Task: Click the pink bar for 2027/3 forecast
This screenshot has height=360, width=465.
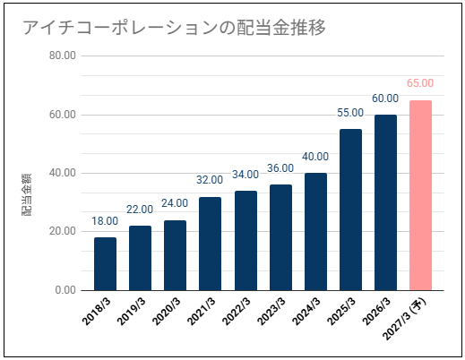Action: pos(420,195)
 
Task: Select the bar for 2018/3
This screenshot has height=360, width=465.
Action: pos(105,264)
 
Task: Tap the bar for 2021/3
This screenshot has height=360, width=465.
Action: pos(210,244)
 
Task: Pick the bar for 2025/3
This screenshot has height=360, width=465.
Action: pos(350,210)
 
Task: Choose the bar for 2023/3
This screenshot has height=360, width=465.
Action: pos(280,237)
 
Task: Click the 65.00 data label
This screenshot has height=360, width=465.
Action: pos(420,83)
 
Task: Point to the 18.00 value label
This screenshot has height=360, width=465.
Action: pos(105,221)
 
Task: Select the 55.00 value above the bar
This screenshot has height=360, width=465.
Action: pos(350,113)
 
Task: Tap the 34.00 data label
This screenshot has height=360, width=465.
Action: pos(245,175)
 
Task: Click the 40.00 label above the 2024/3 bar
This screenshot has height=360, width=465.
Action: pos(315,157)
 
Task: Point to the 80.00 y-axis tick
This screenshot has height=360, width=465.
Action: pos(63,56)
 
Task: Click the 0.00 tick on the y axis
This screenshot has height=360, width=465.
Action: pos(65,290)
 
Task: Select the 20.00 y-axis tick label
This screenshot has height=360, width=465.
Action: pos(63,231)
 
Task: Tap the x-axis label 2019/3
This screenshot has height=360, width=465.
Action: pos(132,312)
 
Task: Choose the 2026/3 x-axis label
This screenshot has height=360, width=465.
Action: pos(376,312)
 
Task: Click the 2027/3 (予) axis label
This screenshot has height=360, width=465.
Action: pos(405,319)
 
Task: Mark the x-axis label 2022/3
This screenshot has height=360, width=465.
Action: pos(237,312)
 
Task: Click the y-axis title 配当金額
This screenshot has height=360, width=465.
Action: pos(27,194)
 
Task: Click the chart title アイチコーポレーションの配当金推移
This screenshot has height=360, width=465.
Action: pos(174,28)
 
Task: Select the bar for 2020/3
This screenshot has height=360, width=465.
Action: pos(175,255)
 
